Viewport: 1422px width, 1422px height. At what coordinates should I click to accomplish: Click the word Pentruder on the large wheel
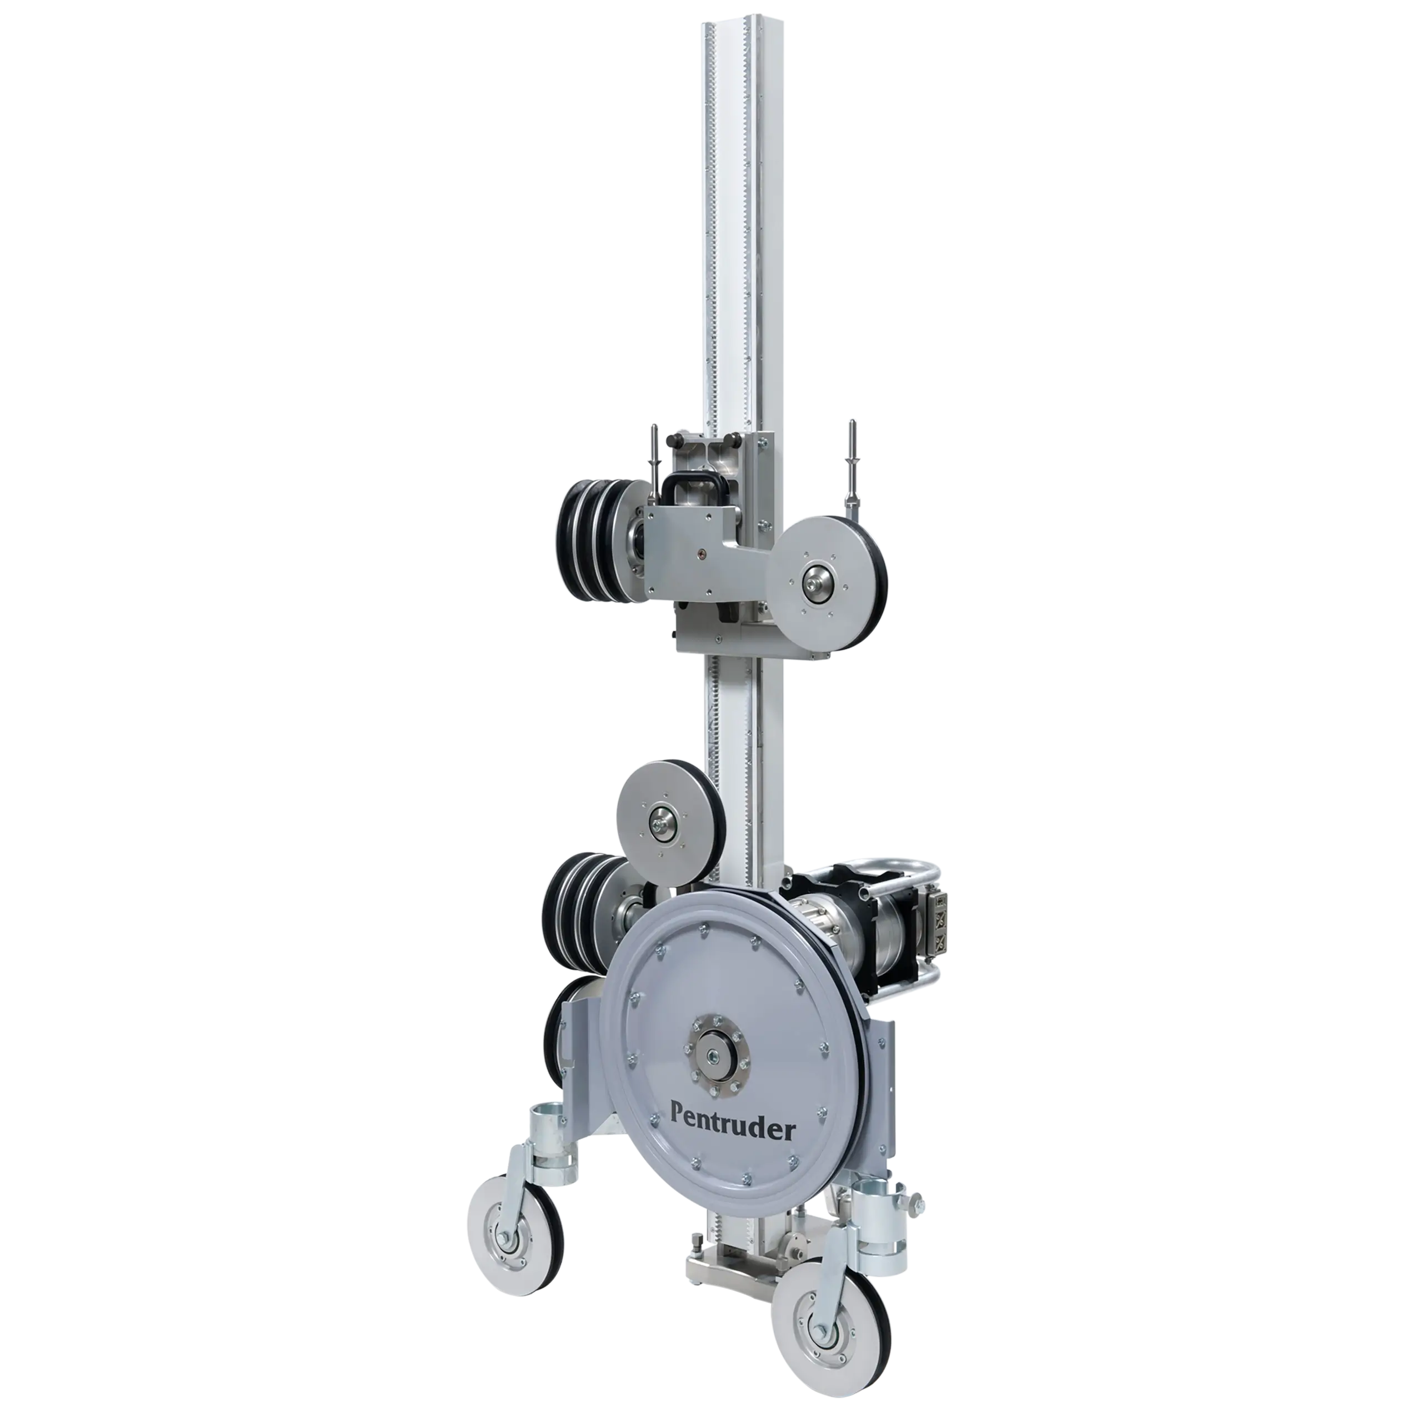tap(732, 1130)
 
